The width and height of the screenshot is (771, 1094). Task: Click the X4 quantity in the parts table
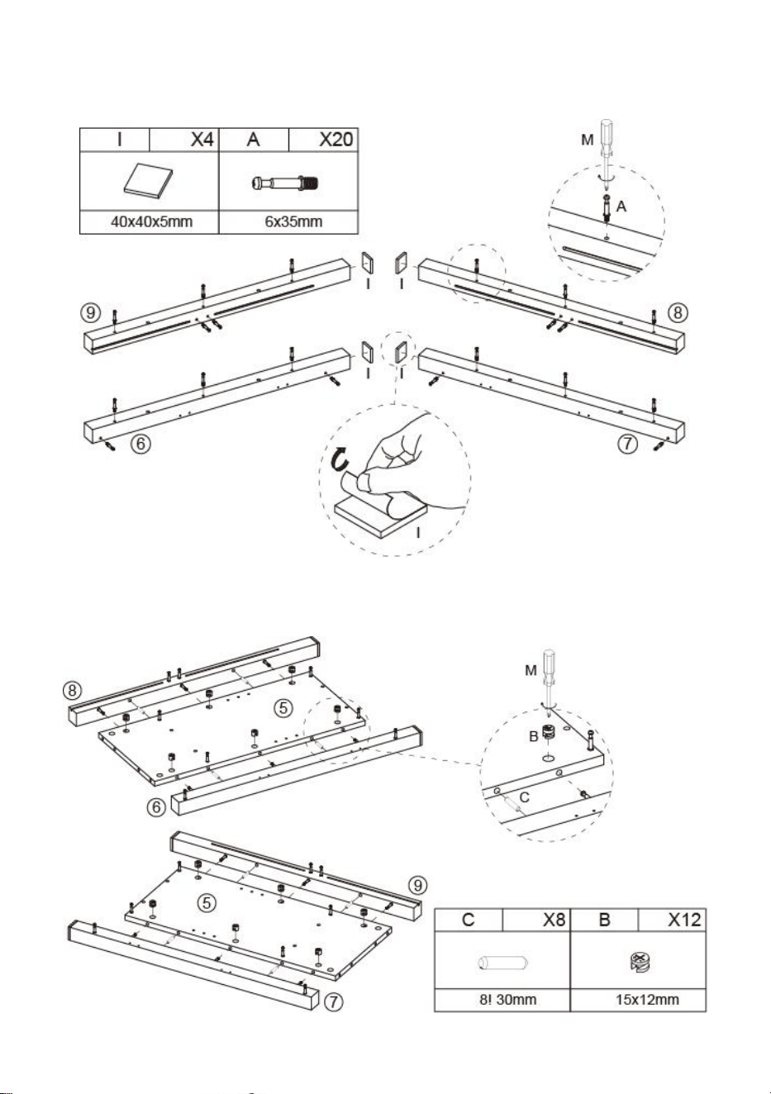click(202, 140)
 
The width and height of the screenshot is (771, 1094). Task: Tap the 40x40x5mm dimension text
click(151, 221)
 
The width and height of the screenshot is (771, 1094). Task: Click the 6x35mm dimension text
click(293, 221)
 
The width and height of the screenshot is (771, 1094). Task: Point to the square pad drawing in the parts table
click(149, 179)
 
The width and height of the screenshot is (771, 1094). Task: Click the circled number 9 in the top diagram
click(90, 312)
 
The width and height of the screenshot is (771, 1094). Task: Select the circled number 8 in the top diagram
click(678, 312)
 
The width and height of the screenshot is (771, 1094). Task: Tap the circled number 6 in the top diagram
click(141, 444)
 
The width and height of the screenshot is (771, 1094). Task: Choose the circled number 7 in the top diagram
click(628, 444)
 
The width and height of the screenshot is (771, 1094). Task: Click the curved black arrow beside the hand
click(339, 460)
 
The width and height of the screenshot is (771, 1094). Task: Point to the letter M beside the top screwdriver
click(587, 140)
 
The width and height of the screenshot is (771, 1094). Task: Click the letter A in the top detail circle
click(621, 207)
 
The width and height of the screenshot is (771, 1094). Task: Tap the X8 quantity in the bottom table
click(554, 920)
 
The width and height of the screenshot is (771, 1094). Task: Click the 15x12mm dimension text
click(647, 1000)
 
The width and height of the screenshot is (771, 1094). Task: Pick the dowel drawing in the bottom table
click(502, 963)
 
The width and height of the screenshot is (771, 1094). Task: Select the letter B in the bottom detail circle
click(534, 735)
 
